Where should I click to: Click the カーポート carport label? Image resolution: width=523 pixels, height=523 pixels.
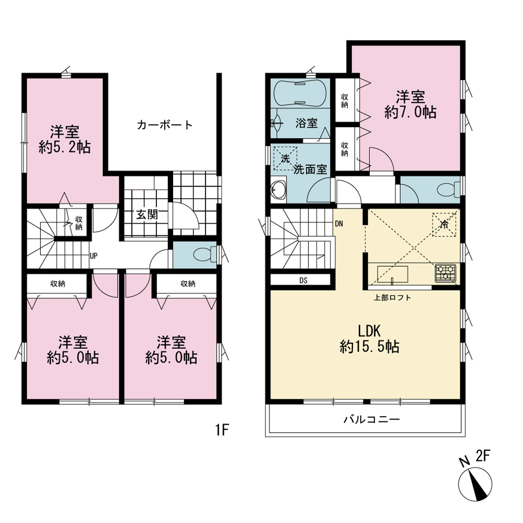165,125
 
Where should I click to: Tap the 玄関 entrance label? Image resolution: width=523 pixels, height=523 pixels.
147,214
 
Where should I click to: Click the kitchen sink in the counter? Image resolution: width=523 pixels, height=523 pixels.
393,275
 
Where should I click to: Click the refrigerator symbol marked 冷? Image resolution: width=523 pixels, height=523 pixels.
444,224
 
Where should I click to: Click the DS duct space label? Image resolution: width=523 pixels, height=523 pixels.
303,280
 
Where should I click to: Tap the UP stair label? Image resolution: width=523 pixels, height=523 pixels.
94,256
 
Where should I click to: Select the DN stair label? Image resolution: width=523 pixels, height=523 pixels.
339,223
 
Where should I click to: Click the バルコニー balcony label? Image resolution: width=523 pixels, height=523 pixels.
371,419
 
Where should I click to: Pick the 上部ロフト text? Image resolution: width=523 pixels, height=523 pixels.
392,297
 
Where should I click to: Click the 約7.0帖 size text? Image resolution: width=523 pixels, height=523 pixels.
410,112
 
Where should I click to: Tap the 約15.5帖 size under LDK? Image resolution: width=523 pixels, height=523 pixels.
370,347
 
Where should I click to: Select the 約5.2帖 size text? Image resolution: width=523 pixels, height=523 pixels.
65,147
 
